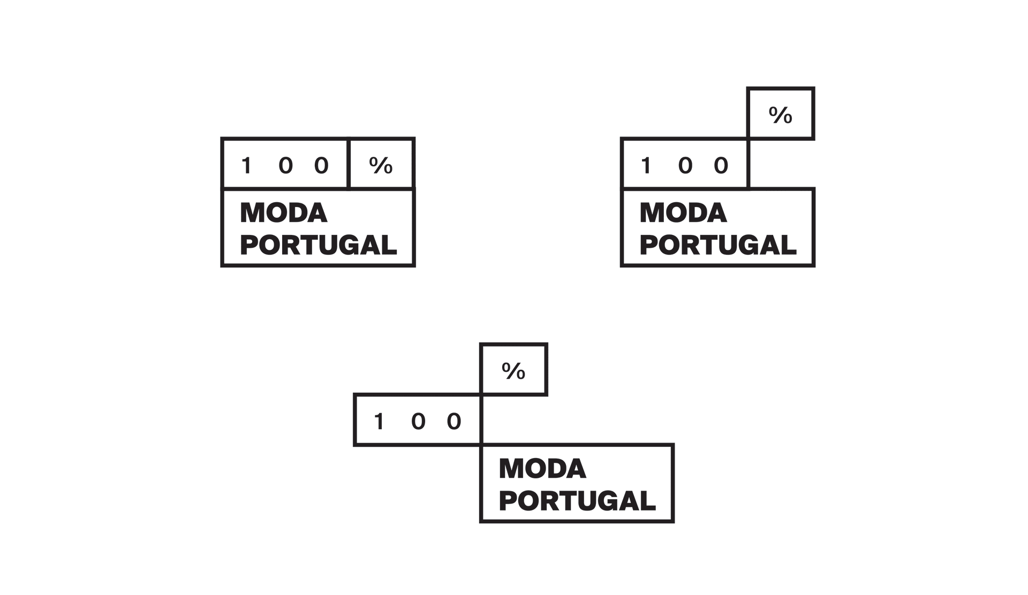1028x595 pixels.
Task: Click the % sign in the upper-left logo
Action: (x=381, y=165)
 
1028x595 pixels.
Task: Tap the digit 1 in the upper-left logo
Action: (x=246, y=165)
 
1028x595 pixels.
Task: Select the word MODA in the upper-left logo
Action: (x=283, y=213)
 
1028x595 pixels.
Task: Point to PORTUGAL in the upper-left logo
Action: (x=319, y=245)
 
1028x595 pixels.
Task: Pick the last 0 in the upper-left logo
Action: (x=321, y=165)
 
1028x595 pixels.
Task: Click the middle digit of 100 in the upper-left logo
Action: (x=286, y=165)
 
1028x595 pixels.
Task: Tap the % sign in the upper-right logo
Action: (x=781, y=115)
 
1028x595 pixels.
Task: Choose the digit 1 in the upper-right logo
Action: (x=646, y=165)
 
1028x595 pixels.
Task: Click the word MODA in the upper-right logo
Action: (x=683, y=213)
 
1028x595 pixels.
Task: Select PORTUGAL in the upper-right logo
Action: (x=718, y=245)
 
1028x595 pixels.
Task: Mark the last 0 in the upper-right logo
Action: (x=721, y=165)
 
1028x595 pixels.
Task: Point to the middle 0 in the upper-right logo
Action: (x=685, y=165)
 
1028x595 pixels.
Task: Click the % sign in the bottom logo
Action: (x=513, y=371)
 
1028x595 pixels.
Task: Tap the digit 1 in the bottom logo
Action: (x=379, y=422)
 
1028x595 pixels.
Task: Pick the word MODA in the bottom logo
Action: (x=542, y=469)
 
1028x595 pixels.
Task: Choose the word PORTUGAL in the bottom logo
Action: (x=577, y=501)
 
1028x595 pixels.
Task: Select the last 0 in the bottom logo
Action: (x=454, y=422)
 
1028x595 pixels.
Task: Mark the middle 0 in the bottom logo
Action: (x=418, y=422)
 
